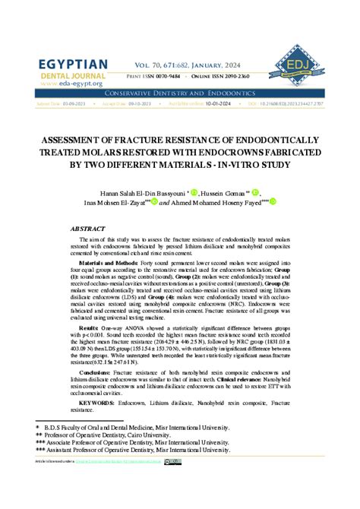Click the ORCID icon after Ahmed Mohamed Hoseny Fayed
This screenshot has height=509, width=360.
click(273, 202)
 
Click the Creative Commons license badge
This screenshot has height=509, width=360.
click(173, 461)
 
